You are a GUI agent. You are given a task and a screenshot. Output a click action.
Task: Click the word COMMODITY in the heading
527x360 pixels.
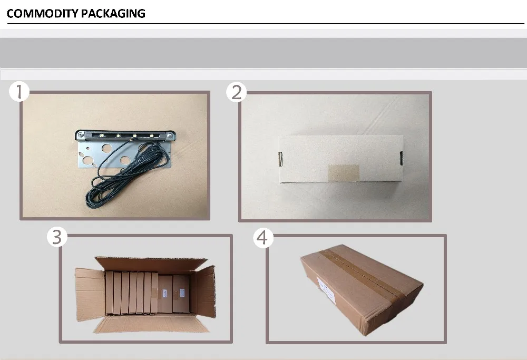[x=43, y=14]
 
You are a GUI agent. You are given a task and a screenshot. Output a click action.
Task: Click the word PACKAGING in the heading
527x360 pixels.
[x=113, y=14]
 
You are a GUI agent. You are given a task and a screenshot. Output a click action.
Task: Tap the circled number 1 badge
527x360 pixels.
[x=19, y=91]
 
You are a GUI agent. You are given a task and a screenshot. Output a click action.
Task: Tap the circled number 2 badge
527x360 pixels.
[x=236, y=92]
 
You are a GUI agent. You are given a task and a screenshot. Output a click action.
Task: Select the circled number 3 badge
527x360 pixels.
[x=57, y=237]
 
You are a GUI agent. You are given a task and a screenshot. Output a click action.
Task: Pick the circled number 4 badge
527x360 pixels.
[x=263, y=238]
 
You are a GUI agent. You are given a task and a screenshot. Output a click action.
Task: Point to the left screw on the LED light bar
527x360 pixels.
[x=81, y=135]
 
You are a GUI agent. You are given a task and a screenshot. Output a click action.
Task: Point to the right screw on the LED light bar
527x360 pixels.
[x=170, y=135]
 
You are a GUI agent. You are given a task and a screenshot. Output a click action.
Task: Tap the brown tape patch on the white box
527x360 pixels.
[x=344, y=173]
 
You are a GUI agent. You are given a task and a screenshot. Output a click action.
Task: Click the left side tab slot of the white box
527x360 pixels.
[x=280, y=159]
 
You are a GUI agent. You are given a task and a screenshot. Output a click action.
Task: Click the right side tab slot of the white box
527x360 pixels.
[x=401, y=158]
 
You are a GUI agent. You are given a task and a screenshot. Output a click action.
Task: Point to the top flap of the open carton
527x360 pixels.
[x=151, y=264]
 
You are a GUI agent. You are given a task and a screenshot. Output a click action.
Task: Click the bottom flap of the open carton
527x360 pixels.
[x=151, y=323]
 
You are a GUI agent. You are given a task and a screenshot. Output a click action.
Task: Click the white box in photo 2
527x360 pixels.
[x=341, y=159]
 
